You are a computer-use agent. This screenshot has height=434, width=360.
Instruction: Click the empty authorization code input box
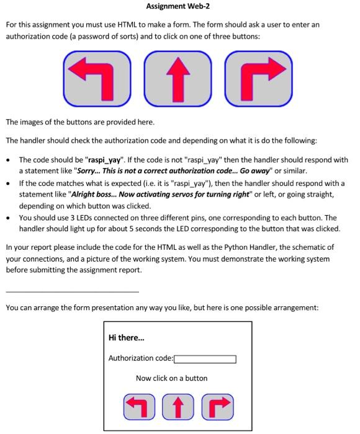click(x=205, y=358)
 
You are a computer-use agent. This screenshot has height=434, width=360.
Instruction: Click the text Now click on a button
click(x=172, y=378)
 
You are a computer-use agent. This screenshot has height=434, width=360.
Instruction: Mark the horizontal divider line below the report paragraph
click(x=72, y=291)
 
